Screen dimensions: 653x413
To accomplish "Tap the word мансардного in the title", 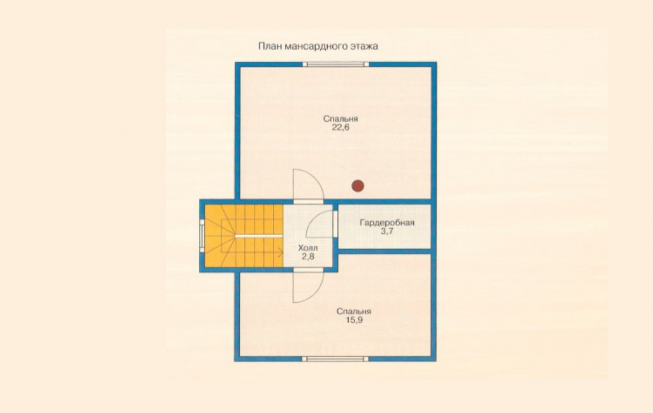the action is click(318, 47).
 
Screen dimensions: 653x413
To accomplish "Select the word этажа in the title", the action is click(365, 47).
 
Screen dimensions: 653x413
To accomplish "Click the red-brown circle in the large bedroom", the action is click(358, 185).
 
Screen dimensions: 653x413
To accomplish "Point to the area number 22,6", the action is click(341, 128).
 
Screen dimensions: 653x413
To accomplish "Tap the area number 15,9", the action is click(354, 320).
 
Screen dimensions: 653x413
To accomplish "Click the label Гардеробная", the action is click(387, 222).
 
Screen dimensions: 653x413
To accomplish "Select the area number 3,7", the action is click(387, 231).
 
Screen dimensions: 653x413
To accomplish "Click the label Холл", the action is click(308, 248).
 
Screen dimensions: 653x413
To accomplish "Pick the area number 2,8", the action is click(308, 257).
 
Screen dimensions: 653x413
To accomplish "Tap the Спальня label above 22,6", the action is click(341, 119).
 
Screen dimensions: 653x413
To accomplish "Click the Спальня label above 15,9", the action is click(354, 312).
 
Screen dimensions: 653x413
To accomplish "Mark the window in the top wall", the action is click(335, 64).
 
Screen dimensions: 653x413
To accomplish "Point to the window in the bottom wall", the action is click(335, 358).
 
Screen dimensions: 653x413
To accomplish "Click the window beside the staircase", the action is click(202, 236).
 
